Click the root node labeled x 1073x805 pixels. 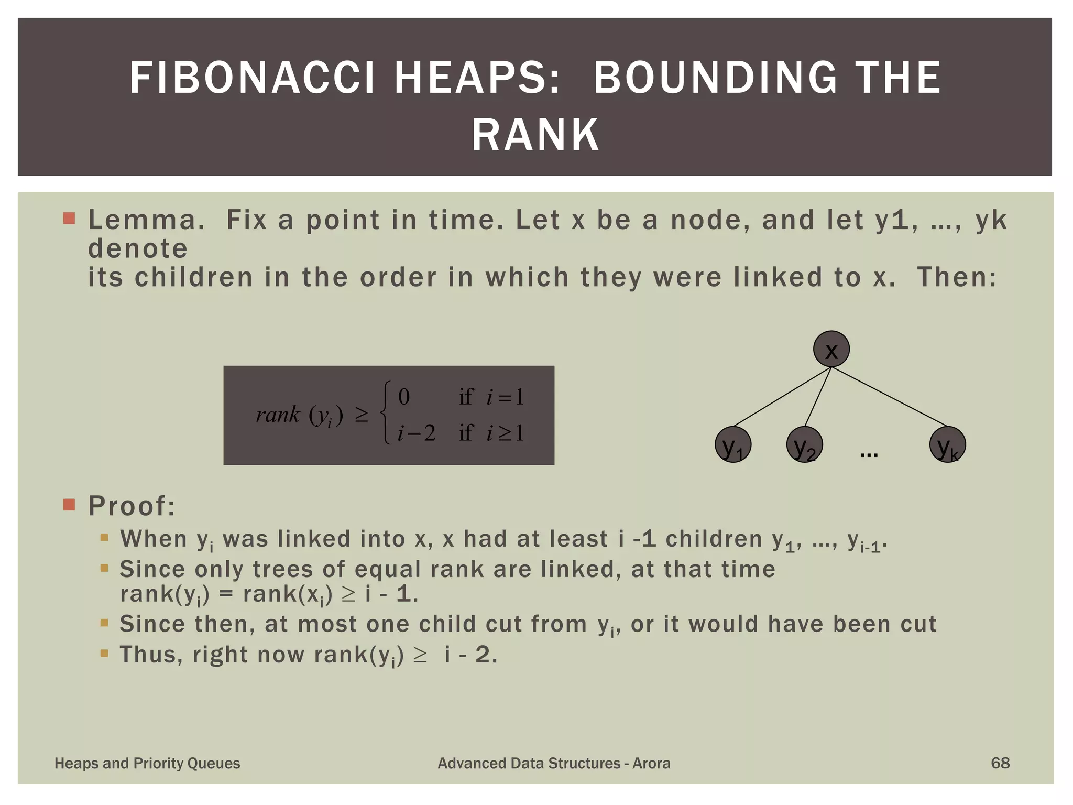(831, 349)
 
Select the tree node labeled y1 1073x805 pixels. (733, 445)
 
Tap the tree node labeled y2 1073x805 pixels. (804, 445)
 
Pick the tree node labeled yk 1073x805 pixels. (947, 445)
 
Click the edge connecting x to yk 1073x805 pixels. (891, 397)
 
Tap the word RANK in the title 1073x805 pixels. (535, 135)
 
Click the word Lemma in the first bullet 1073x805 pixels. (146, 220)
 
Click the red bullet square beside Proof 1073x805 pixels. (69, 505)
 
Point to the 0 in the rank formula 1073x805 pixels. (403, 397)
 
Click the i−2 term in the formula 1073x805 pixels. (416, 433)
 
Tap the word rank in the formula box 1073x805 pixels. (278, 415)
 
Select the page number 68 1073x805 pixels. (1000, 763)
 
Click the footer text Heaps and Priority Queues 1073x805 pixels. (147, 764)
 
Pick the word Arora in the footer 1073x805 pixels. (651, 764)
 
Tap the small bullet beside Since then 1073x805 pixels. (104, 623)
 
